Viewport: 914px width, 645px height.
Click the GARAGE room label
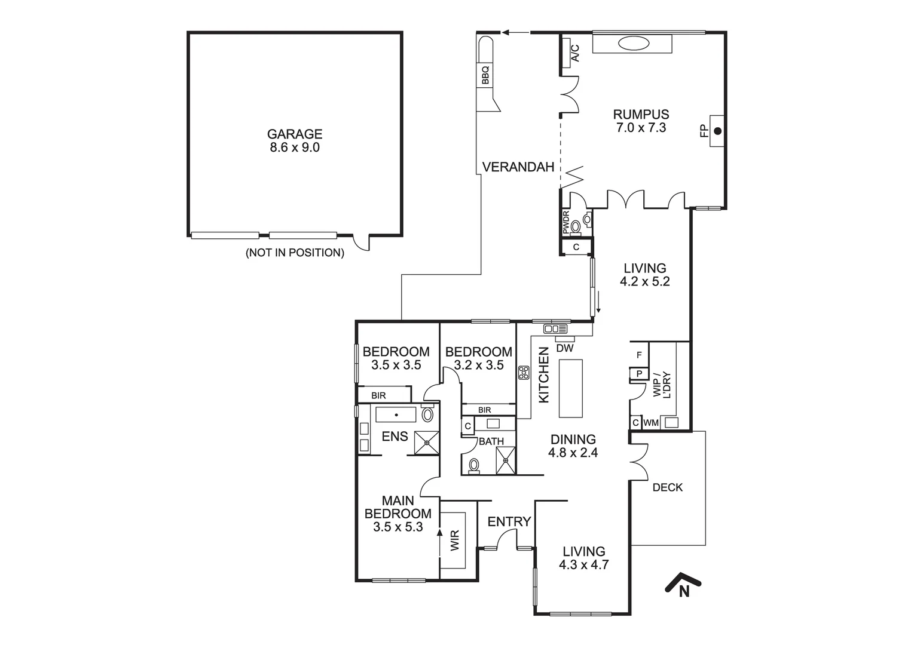[294, 134]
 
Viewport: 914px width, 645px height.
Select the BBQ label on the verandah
[485, 76]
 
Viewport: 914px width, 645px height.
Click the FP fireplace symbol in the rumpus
[717, 131]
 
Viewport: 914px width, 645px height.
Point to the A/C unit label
[575, 53]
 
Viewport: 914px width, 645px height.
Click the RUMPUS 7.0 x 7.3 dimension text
[641, 127]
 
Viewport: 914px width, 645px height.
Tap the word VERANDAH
[518, 167]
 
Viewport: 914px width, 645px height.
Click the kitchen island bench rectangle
[570, 388]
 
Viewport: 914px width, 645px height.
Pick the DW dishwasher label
[564, 348]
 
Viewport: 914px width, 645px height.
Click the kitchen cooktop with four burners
[524, 373]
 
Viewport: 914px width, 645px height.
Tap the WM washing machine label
[650, 423]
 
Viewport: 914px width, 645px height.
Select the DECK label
[667, 487]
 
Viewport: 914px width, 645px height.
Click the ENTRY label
[509, 522]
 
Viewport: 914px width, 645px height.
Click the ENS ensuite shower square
[427, 443]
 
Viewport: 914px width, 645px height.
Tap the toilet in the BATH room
[475, 465]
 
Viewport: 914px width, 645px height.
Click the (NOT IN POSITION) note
[295, 253]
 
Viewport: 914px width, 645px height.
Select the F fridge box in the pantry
[639, 355]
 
